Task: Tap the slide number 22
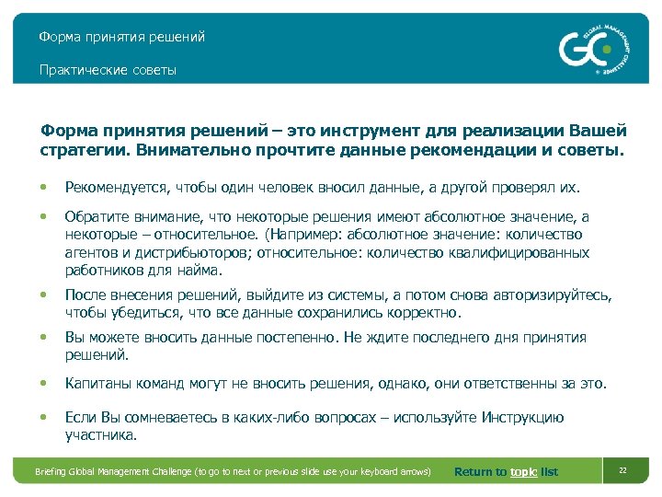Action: pyautogui.click(x=622, y=471)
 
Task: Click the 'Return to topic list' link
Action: pyautogui.click(x=506, y=472)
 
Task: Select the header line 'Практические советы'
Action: pyautogui.click(x=108, y=70)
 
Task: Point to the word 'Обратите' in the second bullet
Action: pyautogui.click(x=93, y=216)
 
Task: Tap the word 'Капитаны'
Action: pyautogui.click(x=95, y=383)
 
